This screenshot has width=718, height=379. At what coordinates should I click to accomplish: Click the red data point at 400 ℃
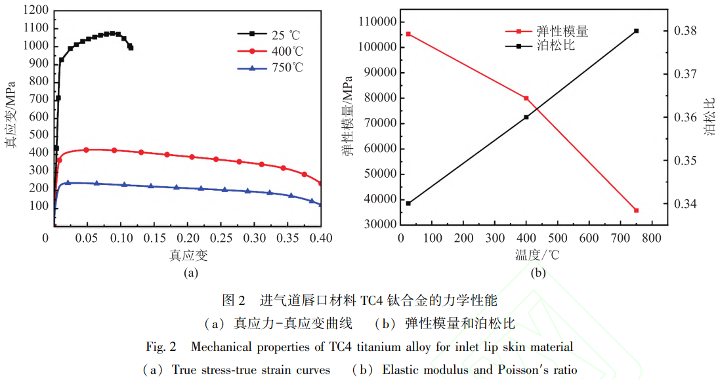(526, 98)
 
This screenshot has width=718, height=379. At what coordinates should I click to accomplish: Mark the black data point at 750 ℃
(636, 31)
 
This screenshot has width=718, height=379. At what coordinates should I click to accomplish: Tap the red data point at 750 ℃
(636, 210)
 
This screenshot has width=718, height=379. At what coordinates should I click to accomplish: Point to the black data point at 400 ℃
(526, 117)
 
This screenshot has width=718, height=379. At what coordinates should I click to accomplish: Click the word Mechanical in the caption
(222, 346)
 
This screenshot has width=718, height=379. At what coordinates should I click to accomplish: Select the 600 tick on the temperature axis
(589, 237)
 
